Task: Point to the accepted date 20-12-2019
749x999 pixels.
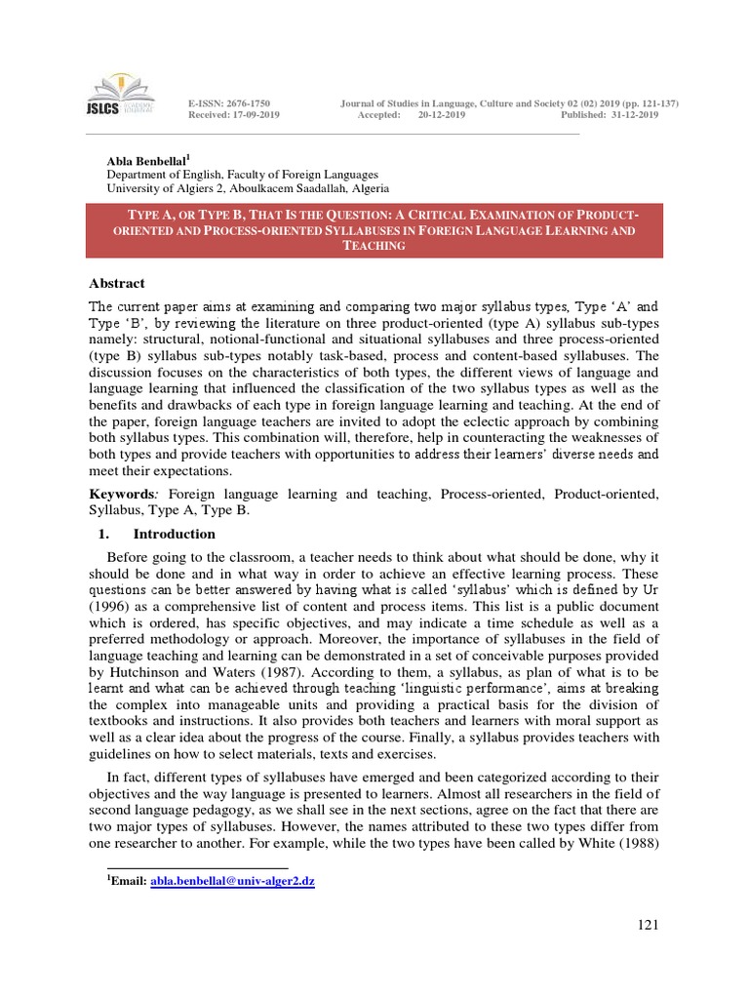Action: [442, 115]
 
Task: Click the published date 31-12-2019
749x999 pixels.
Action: [634, 115]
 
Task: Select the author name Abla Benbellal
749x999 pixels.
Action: [146, 160]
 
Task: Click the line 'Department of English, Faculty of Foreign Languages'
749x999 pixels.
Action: [242, 174]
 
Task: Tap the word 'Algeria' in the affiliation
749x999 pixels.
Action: [366, 187]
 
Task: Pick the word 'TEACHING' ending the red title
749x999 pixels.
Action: [374, 246]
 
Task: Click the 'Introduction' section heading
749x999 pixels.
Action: [174, 534]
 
